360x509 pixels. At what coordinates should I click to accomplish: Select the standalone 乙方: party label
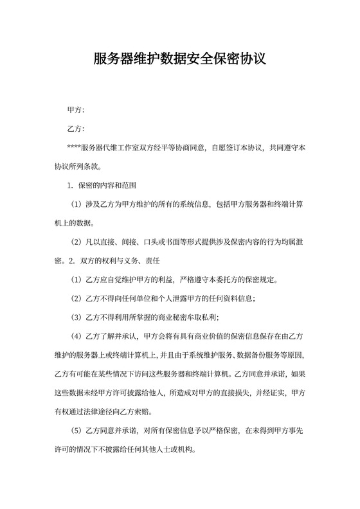76,129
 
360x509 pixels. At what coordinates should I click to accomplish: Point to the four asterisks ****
74,148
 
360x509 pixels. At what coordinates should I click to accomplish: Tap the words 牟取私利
203,317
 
